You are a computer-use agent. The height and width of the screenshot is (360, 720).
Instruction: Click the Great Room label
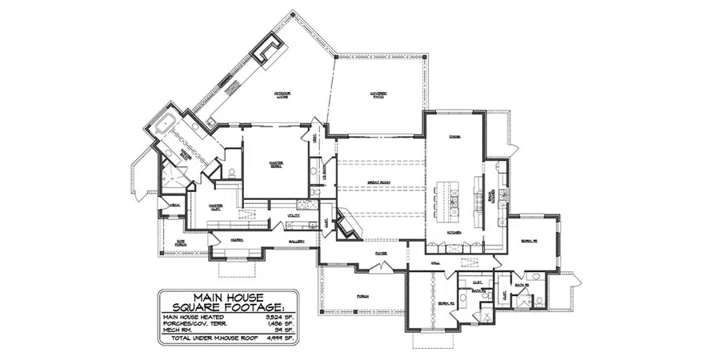[x=378, y=182]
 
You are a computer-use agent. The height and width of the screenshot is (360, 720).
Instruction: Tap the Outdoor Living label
[x=282, y=95]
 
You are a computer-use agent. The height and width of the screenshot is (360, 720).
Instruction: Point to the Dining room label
[x=454, y=137]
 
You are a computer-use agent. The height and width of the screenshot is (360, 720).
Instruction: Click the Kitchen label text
[x=453, y=233]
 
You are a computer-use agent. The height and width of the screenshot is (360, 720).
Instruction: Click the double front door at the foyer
[x=379, y=263]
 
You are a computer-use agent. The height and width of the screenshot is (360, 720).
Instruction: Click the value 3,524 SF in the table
[x=280, y=316]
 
